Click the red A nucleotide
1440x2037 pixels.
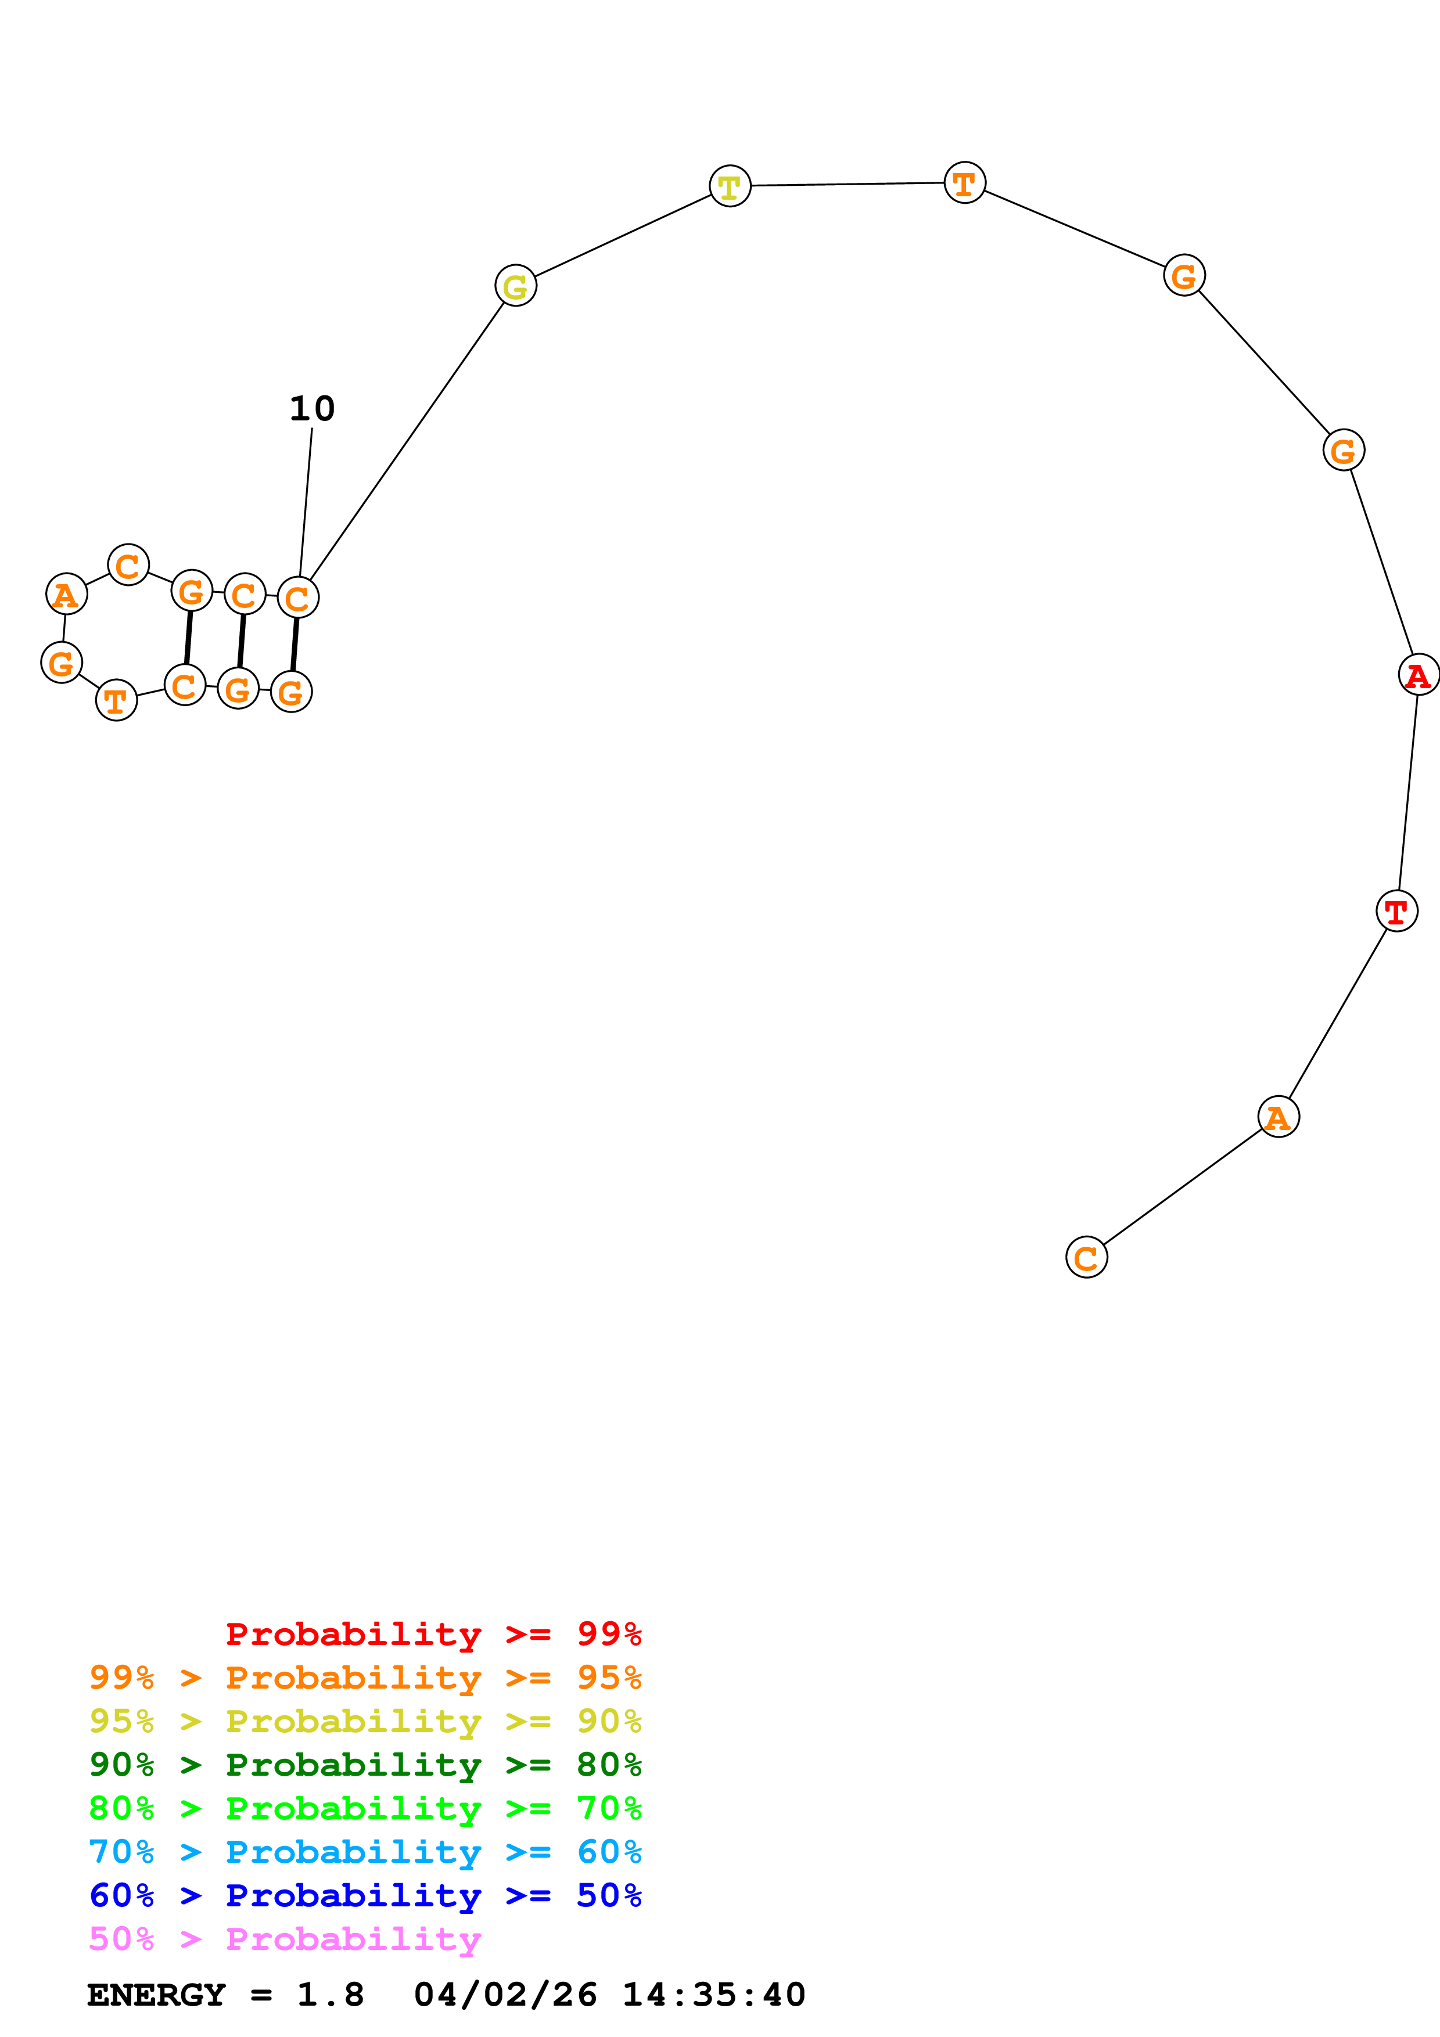[1418, 675]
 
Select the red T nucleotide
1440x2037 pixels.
[1396, 910]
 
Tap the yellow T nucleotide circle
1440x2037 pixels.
[730, 186]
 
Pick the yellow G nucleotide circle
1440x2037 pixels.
[515, 286]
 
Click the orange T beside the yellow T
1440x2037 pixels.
[964, 183]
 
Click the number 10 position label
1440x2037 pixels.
[313, 409]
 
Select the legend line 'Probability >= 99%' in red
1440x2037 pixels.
[433, 1633]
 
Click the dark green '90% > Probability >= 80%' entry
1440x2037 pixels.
[365, 1765]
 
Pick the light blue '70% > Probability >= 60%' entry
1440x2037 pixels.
[365, 1852]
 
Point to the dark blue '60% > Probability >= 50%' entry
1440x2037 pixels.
[365, 1895]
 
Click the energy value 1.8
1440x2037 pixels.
[330, 1995]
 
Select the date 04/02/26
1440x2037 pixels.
[505, 1995]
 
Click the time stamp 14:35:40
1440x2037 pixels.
[713, 1995]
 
